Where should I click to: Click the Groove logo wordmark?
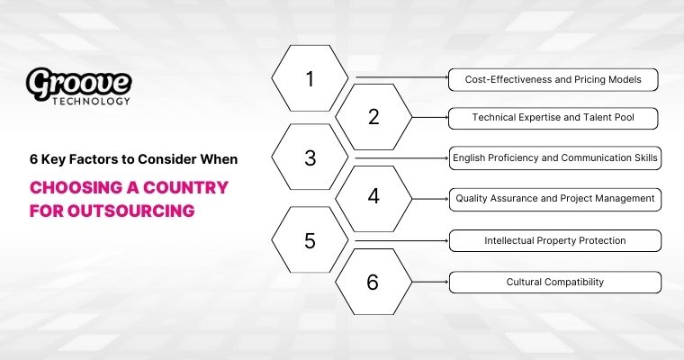coord(79,83)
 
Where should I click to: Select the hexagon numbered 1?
coord(310,79)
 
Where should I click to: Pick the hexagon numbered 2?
coord(373,117)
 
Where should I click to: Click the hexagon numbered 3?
coord(310,158)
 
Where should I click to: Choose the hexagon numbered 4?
coord(373,197)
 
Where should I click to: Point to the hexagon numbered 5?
coord(310,240)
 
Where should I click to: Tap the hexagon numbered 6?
coord(373,282)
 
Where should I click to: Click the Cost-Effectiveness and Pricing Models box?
coord(553,79)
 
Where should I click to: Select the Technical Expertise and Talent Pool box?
coord(553,117)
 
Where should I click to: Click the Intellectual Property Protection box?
coord(555,240)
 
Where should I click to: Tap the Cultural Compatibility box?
coord(555,282)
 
